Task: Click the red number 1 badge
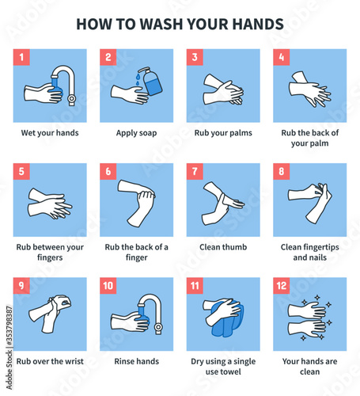(21, 57)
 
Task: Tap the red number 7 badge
(195, 171)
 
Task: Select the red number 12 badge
(282, 286)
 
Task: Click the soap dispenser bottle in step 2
(152, 82)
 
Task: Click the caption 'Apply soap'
(137, 133)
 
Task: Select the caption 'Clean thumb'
(223, 247)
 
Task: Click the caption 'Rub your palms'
(223, 133)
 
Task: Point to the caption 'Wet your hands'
(50, 133)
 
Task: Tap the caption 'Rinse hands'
(137, 361)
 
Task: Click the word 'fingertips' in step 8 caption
(321, 247)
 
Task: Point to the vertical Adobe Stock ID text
(9, 348)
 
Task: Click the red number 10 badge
(108, 286)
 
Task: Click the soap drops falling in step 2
(138, 78)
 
